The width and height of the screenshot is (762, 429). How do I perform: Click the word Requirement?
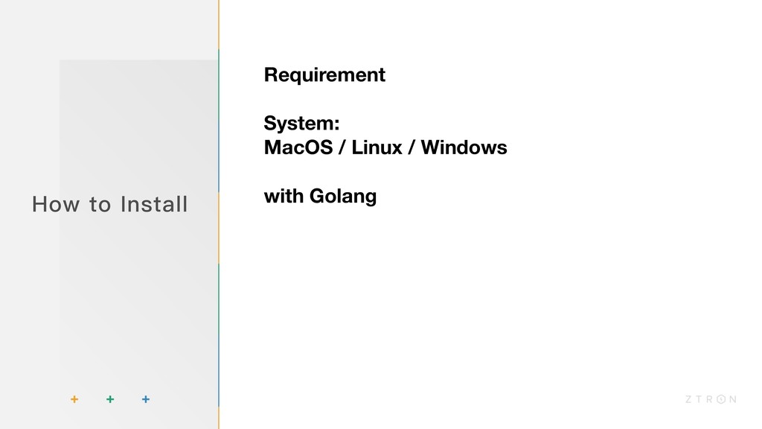point(324,75)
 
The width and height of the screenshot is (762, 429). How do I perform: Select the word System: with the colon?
point(301,123)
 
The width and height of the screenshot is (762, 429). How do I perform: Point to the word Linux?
point(376,147)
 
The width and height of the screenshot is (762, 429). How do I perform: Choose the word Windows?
point(464,147)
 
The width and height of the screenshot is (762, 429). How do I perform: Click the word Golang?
point(342,197)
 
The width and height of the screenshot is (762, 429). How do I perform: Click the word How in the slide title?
point(50,203)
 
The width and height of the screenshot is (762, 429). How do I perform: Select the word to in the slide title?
point(99,204)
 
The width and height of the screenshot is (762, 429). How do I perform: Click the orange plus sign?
point(74,400)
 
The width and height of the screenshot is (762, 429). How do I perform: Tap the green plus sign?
point(109,400)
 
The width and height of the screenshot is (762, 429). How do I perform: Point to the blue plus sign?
point(145,400)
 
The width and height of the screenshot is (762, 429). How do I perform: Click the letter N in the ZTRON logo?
point(733,400)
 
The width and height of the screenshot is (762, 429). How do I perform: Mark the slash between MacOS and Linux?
point(342,147)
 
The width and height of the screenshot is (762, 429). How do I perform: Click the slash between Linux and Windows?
point(410,147)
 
